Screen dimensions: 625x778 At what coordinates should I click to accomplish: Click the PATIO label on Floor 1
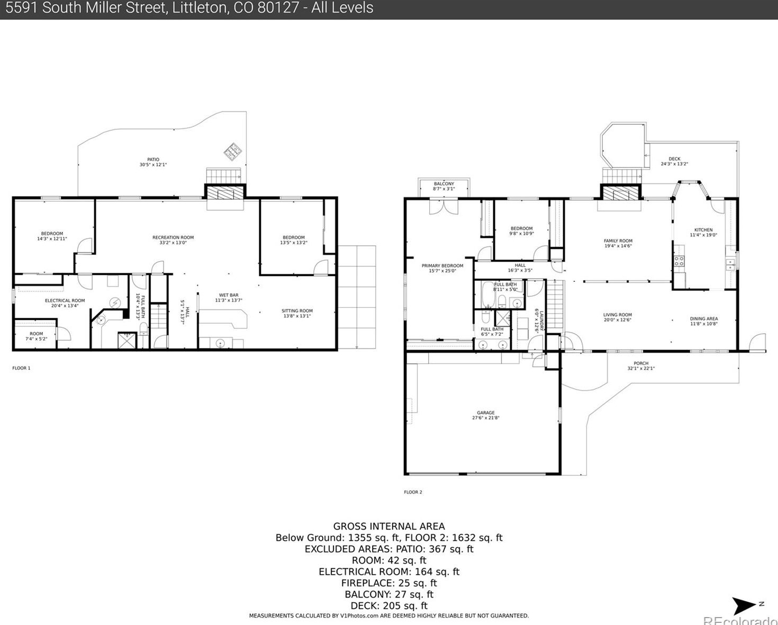coord(153,162)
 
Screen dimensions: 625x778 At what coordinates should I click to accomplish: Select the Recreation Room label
coord(173,240)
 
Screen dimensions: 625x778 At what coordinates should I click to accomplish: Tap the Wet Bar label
coord(229,298)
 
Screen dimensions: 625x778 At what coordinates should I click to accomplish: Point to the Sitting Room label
coord(297,313)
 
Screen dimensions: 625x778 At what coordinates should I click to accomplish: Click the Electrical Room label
coord(65,303)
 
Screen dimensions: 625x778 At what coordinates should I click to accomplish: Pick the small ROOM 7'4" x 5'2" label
coord(36,336)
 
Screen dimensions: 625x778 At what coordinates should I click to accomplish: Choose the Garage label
coord(485,415)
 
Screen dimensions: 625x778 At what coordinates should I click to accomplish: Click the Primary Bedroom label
coord(442,268)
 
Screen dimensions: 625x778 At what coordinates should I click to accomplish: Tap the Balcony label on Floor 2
coord(444,186)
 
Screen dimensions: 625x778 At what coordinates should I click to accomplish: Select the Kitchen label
coord(703,232)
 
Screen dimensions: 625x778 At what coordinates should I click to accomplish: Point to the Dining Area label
coord(703,321)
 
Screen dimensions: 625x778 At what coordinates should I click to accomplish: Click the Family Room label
coord(618,243)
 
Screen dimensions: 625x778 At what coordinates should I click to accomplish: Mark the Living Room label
coord(617,317)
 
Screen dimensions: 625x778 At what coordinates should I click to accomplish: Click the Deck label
coord(674,161)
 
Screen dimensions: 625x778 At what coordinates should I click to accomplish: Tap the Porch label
coord(641,365)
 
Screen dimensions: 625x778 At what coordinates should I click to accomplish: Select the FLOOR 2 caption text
coord(413,492)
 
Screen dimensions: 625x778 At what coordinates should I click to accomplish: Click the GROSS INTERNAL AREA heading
coord(389,526)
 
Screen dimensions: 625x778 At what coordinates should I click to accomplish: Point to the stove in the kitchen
coord(679,261)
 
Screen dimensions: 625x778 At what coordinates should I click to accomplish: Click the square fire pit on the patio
coord(232,151)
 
